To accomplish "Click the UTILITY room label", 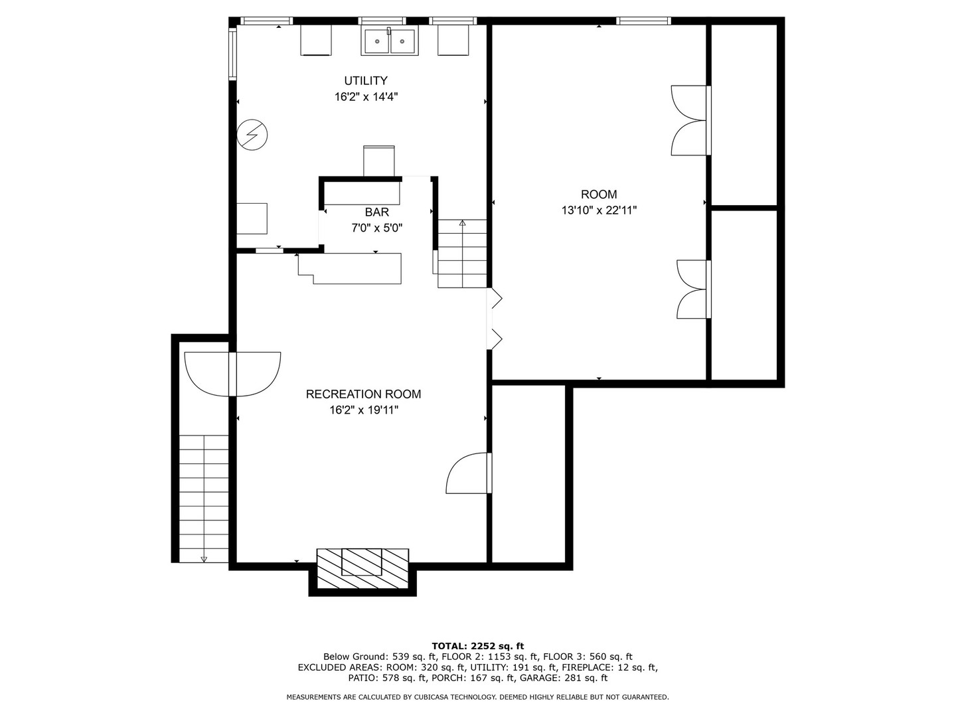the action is (x=365, y=80).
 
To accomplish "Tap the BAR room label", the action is (x=376, y=212).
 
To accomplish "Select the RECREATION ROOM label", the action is (x=363, y=394).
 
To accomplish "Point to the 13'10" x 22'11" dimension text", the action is (x=599, y=210).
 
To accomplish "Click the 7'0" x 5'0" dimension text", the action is (x=376, y=228).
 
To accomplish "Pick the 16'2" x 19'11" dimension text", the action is (x=364, y=410).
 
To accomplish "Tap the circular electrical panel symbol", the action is (x=252, y=135).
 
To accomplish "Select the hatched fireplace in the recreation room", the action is (x=362, y=568).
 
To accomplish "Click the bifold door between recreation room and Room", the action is (x=495, y=319).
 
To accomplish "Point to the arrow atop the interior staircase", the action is (x=462, y=223).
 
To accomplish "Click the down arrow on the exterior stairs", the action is (x=204, y=560).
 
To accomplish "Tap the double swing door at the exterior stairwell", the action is (x=232, y=374).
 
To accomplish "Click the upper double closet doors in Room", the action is (x=690, y=120).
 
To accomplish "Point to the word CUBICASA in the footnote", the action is (x=433, y=697).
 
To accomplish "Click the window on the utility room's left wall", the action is (x=232, y=53).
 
